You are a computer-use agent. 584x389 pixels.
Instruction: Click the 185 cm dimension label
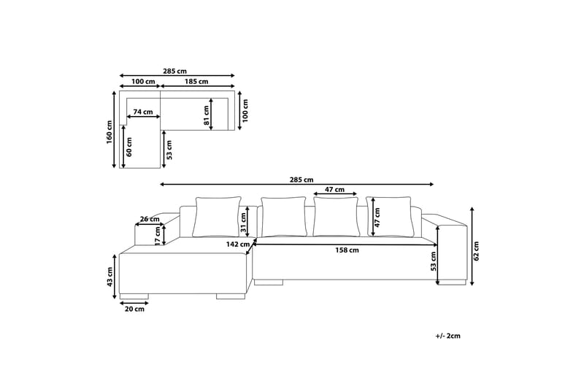pyautogui.click(x=197, y=82)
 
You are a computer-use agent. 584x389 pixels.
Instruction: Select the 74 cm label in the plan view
pyautogui.click(x=143, y=112)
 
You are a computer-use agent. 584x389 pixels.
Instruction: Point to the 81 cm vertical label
pyautogui.click(x=206, y=112)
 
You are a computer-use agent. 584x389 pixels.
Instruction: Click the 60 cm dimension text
pyautogui.click(x=128, y=147)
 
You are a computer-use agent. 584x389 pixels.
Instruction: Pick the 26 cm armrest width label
pyautogui.click(x=149, y=219)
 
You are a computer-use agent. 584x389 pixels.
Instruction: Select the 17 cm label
pyautogui.click(x=158, y=235)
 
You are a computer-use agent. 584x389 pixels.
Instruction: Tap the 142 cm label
pyautogui.click(x=239, y=244)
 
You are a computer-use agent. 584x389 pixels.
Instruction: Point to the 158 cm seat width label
pyautogui.click(x=347, y=250)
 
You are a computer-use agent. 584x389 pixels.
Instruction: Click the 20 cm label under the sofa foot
pyautogui.click(x=134, y=309)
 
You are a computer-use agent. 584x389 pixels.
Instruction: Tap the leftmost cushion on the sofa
pyautogui.click(x=217, y=217)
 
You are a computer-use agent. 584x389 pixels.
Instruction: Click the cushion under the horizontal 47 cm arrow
pyautogui.click(x=335, y=217)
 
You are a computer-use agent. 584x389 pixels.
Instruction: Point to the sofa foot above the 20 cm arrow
pyautogui.click(x=134, y=296)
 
